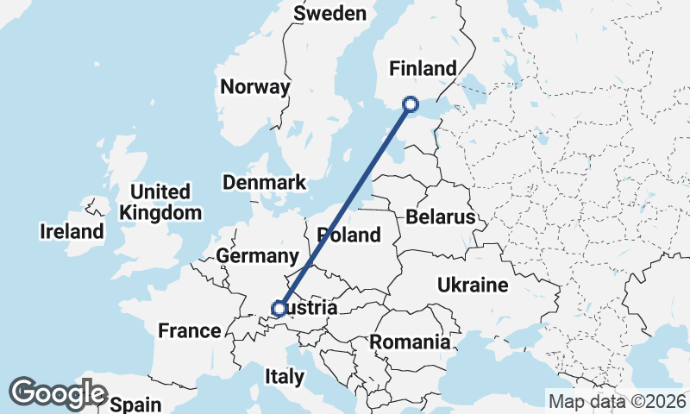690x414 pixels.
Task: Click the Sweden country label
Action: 329,13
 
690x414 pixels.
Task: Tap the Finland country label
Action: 423,68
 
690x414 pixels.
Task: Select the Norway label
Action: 254,87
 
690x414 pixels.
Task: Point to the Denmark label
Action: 264,182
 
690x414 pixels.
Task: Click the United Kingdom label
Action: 161,202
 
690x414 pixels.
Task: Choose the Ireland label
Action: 72,231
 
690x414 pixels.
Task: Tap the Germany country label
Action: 257,256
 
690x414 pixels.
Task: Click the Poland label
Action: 348,235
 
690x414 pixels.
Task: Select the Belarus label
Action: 441,216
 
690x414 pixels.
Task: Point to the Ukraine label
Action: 473,285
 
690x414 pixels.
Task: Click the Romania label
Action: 410,342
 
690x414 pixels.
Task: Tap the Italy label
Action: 285,377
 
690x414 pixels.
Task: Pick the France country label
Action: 190,330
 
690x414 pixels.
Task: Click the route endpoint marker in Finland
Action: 411,104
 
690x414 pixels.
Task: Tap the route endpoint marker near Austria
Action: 279,308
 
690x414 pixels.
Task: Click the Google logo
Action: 58,393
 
